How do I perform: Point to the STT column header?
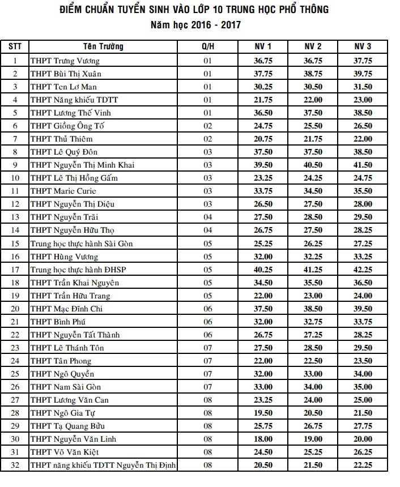[15, 46]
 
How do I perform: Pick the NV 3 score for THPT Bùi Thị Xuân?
[363, 74]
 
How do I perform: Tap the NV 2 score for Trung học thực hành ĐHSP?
[313, 270]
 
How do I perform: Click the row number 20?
[15, 309]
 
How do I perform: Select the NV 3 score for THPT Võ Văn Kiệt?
[363, 452]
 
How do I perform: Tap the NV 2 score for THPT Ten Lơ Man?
[313, 87]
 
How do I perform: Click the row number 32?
[15, 465]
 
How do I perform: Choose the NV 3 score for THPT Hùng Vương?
[363, 257]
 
